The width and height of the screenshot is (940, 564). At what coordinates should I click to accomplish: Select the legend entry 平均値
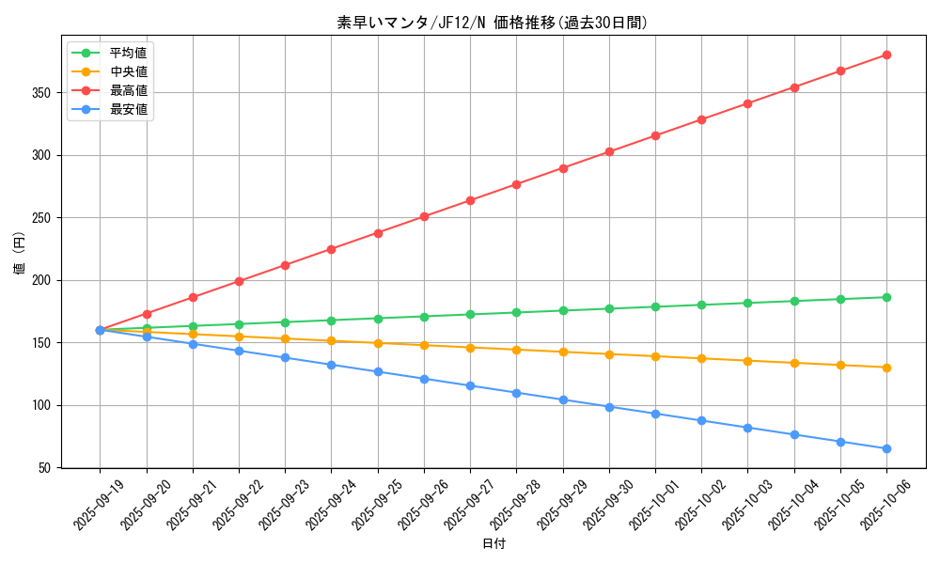click(x=128, y=53)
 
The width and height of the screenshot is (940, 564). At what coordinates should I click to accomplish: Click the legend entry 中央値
click(x=128, y=71)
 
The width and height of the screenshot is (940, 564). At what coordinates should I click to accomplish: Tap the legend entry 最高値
click(x=128, y=90)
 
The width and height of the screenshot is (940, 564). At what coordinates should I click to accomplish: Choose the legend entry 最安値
click(x=128, y=109)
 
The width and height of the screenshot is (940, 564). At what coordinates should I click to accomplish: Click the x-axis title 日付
click(x=493, y=544)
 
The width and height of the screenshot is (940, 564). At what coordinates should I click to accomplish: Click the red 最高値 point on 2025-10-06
click(x=886, y=55)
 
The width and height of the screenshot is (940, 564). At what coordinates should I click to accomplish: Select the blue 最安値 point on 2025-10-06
click(x=886, y=448)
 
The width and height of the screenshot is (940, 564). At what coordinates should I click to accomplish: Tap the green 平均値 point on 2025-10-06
click(x=886, y=297)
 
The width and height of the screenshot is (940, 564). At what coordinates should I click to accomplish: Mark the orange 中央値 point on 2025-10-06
click(x=886, y=368)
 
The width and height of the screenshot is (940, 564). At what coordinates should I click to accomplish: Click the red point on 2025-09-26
click(x=424, y=216)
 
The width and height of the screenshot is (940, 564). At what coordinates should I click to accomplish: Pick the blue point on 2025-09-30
click(x=609, y=407)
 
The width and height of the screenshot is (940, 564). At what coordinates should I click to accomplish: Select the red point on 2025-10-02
click(x=701, y=119)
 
